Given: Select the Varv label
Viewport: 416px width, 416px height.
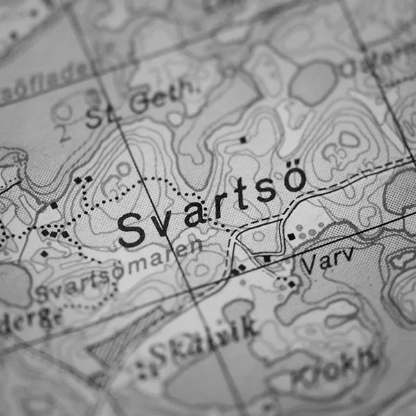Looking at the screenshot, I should [x=328, y=259].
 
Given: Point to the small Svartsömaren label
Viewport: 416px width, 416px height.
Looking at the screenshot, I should [x=114, y=271].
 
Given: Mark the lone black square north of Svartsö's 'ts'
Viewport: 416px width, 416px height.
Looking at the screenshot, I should [x=243, y=140].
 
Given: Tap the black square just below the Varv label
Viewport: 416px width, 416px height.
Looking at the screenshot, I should [x=292, y=284].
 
